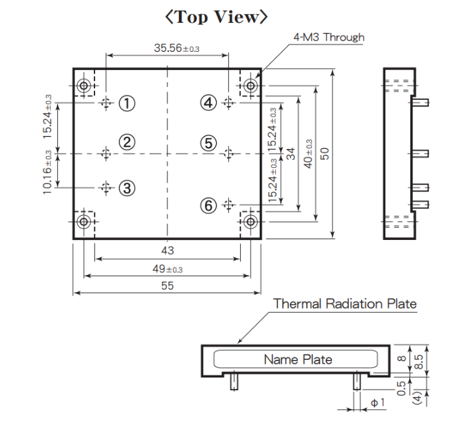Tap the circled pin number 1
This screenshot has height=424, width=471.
[x=127, y=102]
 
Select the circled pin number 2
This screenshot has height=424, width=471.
[x=127, y=142]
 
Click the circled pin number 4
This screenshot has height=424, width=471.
[x=209, y=102]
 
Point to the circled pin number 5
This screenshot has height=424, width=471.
[x=209, y=142]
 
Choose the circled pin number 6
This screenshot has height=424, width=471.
[x=209, y=204]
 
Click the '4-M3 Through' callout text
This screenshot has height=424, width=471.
[x=329, y=37]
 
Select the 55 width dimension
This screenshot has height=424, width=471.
[x=167, y=286]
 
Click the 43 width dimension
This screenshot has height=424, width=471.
[x=167, y=250]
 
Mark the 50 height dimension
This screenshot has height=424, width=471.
[x=325, y=153]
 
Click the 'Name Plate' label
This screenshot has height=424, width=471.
[x=298, y=359]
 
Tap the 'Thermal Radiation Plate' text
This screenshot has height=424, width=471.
[x=345, y=304]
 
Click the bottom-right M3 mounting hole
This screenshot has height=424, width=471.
[x=250, y=221]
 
